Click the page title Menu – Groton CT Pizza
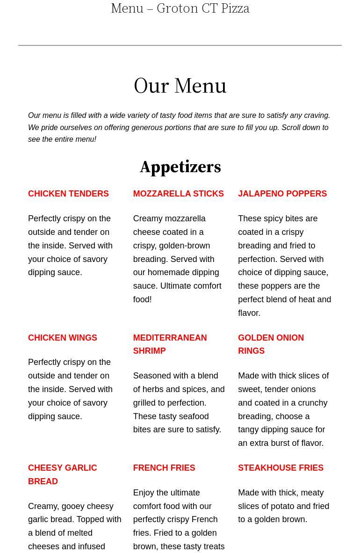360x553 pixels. (x=180, y=8)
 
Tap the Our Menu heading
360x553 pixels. (x=180, y=86)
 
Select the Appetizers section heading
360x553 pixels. (x=180, y=167)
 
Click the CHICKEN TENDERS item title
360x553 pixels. (x=68, y=194)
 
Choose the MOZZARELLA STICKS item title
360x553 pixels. (x=178, y=194)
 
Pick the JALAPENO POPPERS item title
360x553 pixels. (x=282, y=194)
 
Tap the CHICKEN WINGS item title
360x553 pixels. (x=63, y=338)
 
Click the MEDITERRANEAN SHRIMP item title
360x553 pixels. (x=170, y=344)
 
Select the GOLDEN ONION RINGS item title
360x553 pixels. (x=271, y=344)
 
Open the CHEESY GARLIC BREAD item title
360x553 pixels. (x=63, y=474)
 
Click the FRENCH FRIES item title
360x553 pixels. (x=164, y=468)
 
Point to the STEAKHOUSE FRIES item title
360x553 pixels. (x=281, y=468)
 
